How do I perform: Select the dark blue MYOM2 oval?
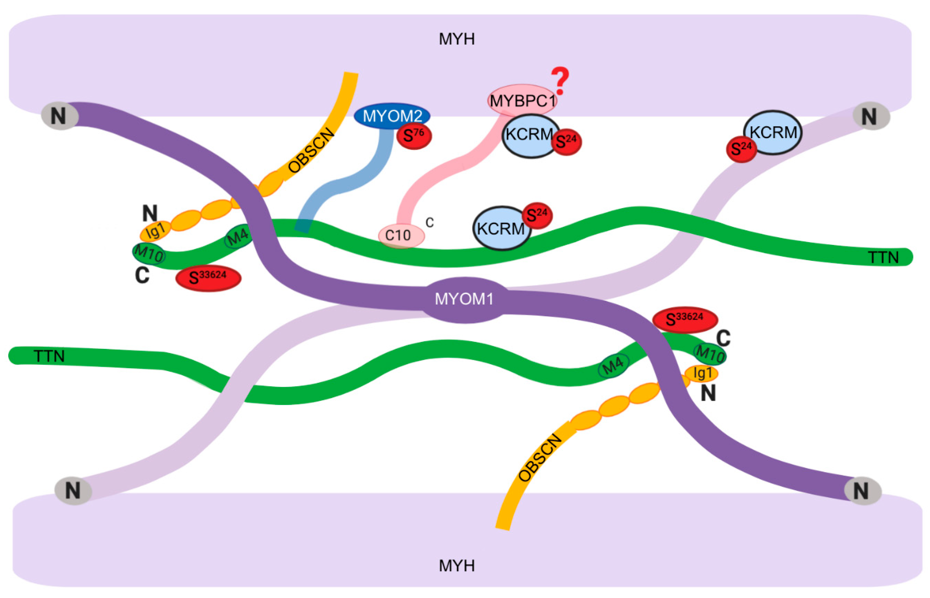coord(392,116)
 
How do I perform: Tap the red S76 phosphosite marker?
coord(414,136)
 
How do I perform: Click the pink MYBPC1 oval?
coord(522,100)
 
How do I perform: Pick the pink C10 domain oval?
coord(401,235)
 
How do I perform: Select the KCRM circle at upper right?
coord(772,132)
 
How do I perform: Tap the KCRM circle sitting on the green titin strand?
coord(501,228)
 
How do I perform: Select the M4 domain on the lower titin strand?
coord(613,365)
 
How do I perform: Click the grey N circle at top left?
coord(59,116)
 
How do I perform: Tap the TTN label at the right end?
coord(883,258)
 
